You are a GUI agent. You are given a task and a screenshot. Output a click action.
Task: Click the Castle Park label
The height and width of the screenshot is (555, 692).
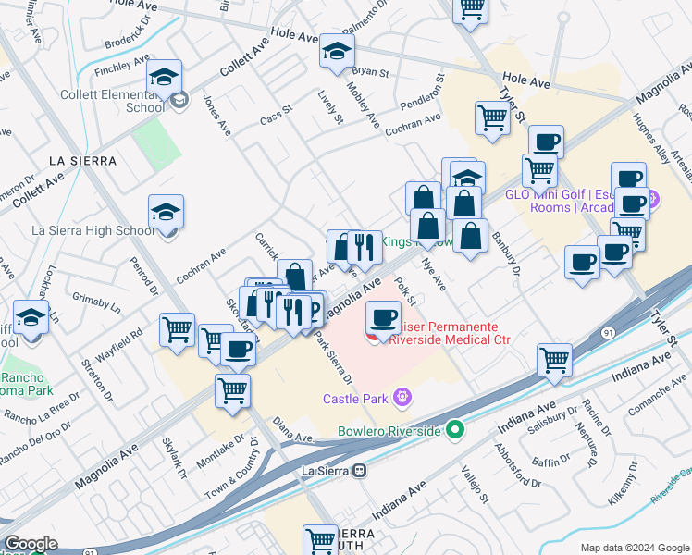coord(353,399)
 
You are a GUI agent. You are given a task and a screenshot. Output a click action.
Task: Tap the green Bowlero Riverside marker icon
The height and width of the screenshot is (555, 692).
coord(454,429)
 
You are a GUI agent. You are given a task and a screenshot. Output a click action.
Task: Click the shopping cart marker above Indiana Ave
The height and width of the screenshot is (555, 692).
coord(554,359)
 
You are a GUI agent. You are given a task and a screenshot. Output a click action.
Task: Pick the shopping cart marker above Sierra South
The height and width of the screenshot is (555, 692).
coord(321,538)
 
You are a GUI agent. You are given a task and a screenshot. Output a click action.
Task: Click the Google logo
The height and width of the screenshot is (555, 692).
coord(31,544)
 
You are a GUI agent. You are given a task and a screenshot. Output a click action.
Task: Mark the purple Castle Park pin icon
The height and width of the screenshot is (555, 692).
coord(401,399)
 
